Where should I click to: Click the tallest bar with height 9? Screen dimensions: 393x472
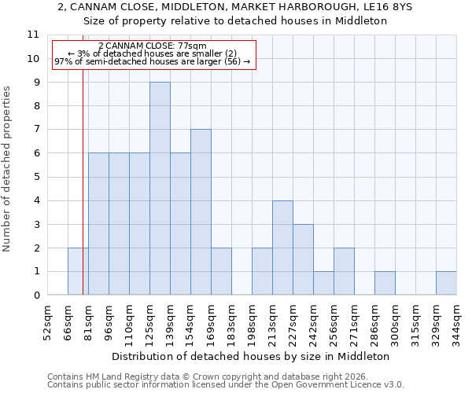tap(160, 189)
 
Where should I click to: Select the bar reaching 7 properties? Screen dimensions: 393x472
tap(201, 212)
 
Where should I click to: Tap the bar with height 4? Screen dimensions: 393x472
tap(282, 248)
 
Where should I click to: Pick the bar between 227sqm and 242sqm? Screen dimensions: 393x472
tap(303, 259)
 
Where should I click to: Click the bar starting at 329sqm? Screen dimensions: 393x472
tap(446, 283)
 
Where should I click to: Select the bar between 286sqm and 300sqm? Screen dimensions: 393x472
tap(385, 283)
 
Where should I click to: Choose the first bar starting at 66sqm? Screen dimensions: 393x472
tap(78, 271)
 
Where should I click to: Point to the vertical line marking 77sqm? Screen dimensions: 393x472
tap(83, 196)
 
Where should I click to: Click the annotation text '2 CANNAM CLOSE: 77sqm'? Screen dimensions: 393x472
tap(153, 46)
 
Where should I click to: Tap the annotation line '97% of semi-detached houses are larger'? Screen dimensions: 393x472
tap(153, 61)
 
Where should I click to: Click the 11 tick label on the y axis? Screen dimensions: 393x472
tap(33, 35)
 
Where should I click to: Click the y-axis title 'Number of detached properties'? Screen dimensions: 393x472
tap(8, 169)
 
